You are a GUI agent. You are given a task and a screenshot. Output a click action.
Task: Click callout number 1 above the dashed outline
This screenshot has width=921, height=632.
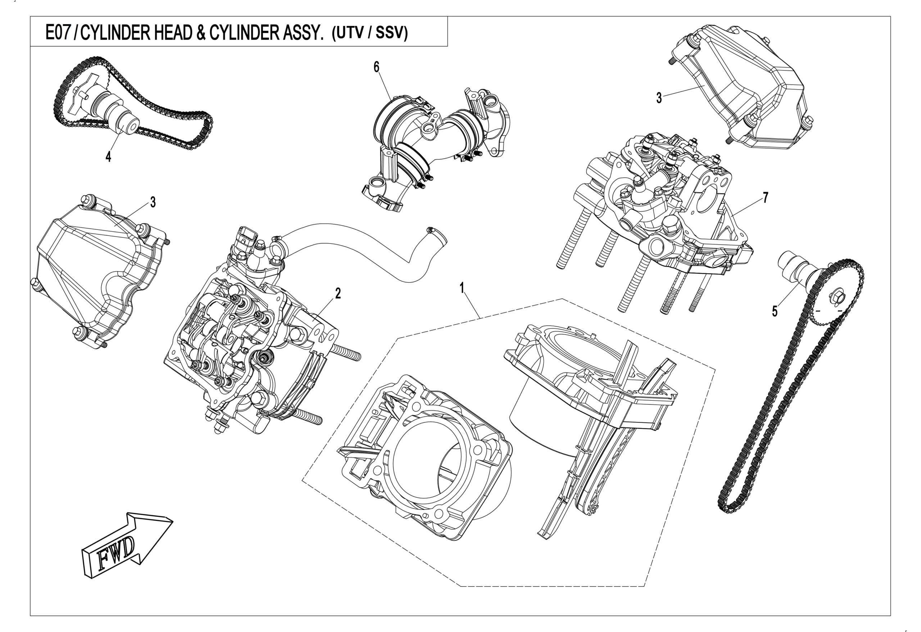pyautogui.click(x=462, y=288)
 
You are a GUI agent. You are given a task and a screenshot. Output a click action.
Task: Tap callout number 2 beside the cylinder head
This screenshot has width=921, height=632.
pyautogui.click(x=338, y=294)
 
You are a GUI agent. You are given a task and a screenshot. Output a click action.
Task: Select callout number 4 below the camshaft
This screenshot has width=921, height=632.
pyautogui.click(x=108, y=157)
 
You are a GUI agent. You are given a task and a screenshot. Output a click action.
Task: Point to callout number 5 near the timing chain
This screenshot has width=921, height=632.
pyautogui.click(x=775, y=312)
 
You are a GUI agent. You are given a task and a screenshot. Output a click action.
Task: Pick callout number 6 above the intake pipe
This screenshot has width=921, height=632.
pyautogui.click(x=376, y=68)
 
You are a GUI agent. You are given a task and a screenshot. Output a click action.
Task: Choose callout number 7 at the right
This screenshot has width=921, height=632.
pyautogui.click(x=765, y=197)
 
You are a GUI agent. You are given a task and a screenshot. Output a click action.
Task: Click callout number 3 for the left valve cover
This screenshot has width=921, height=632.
pyautogui.click(x=153, y=203)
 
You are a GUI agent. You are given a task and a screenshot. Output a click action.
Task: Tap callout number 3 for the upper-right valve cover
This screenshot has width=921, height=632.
pyautogui.click(x=659, y=98)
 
